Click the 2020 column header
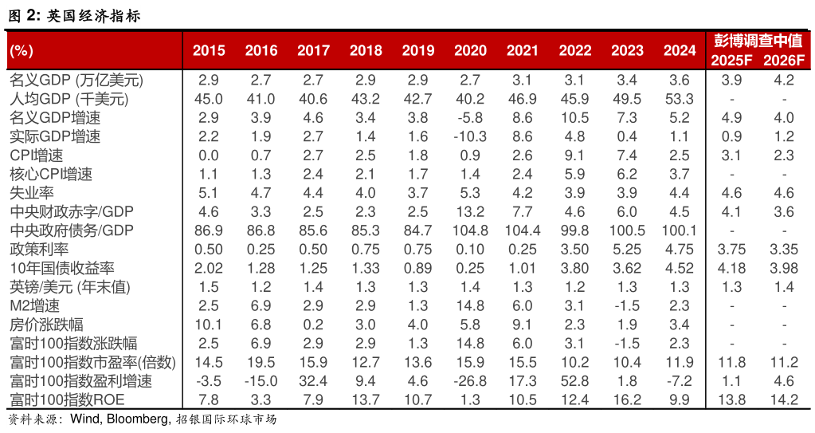pos(470,50)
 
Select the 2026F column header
pos(784,61)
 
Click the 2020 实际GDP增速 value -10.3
pos(470,136)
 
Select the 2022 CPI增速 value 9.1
pos(574,155)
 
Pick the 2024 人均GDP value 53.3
pos(679,99)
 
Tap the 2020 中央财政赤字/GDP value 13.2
pos(470,211)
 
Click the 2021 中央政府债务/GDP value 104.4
pos(523,230)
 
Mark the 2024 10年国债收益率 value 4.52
pos(679,268)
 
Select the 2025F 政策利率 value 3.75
pos(731,249)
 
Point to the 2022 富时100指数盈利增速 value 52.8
pos(574,380)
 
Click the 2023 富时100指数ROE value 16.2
pos(627,399)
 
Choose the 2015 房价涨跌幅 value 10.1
pos(209,324)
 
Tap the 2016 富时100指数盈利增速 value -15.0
pos(261,380)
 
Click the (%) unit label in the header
pos(22,50)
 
